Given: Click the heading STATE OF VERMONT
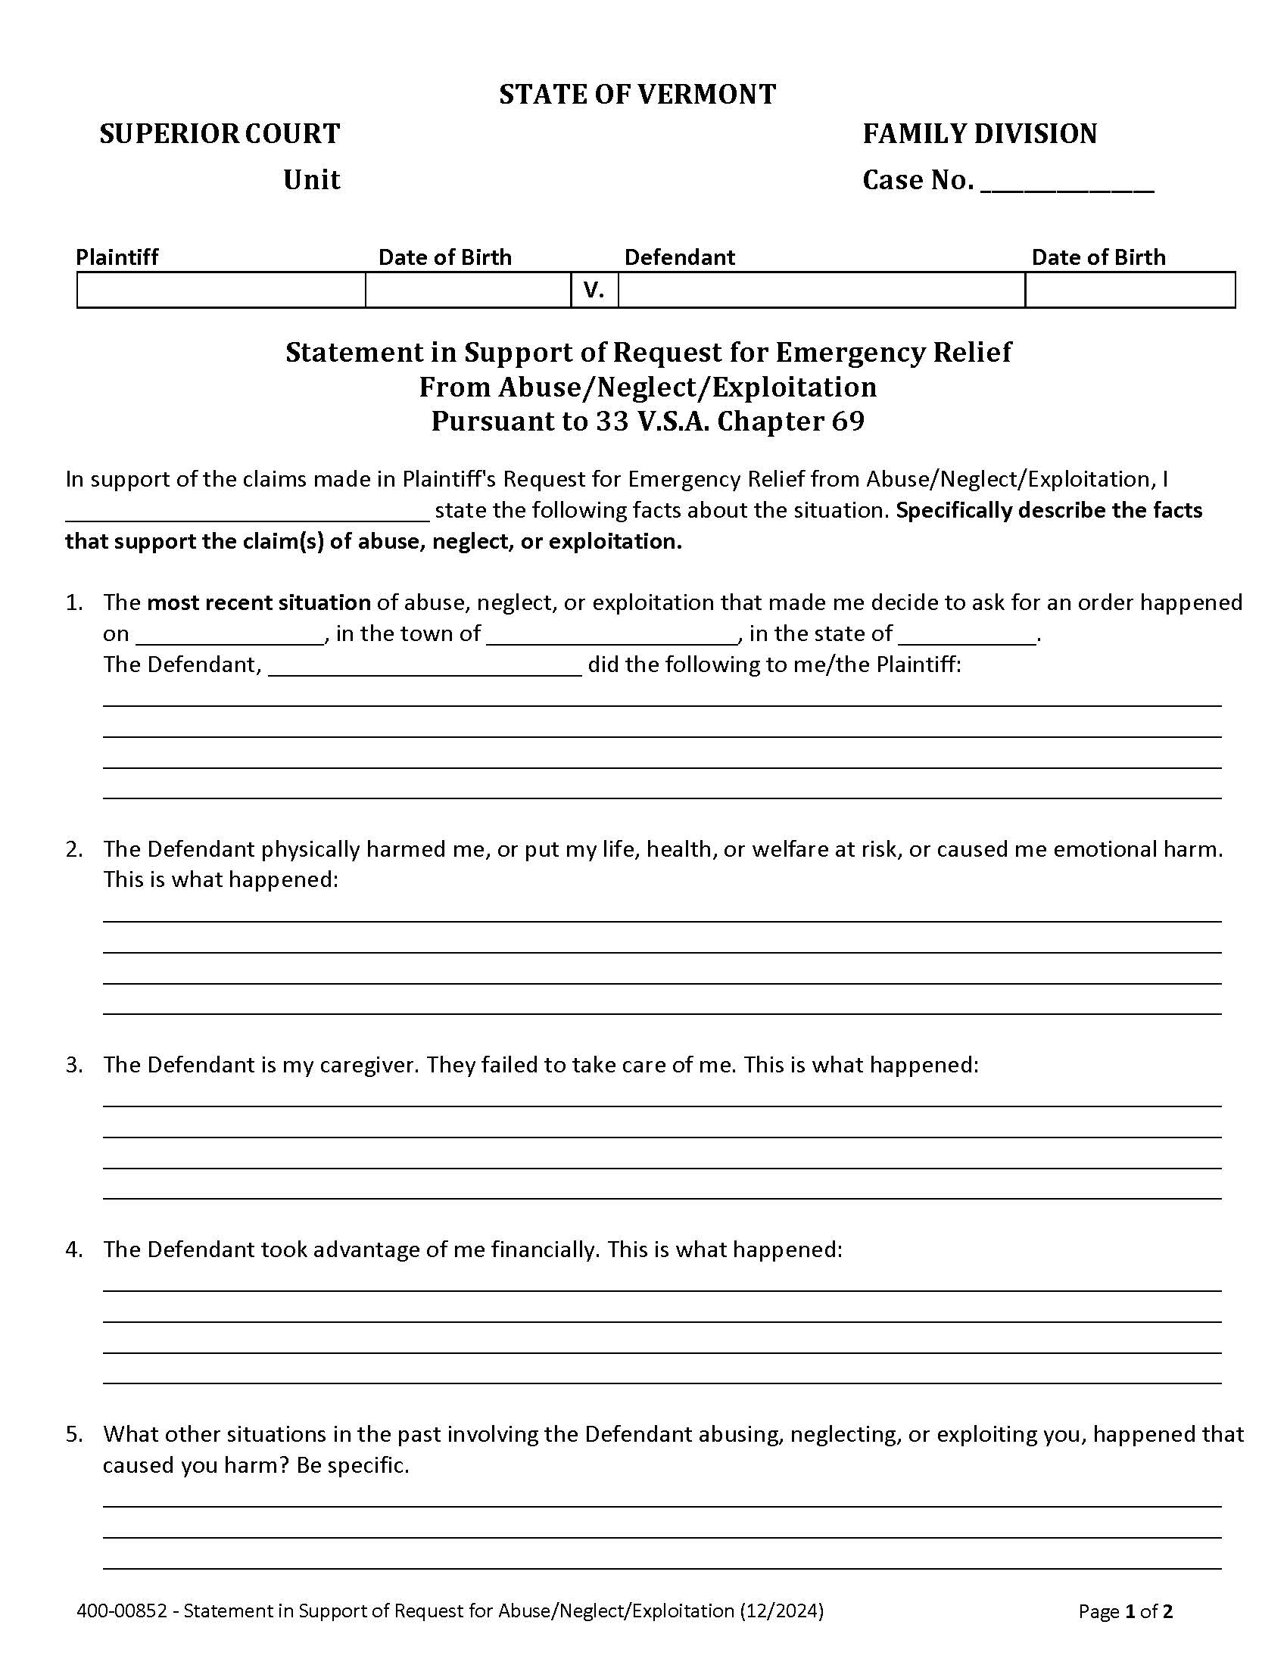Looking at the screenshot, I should pos(637,95).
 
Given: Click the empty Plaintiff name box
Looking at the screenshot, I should pos(221,291).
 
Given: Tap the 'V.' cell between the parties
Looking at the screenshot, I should pos(594,291).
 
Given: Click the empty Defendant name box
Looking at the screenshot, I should pos(821,291).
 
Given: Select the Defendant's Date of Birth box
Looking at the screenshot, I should pos(1130,291).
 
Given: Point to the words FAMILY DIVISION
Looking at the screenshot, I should pos(979,134).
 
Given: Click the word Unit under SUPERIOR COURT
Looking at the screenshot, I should pos(311,180).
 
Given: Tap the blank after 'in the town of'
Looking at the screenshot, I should pos(612,635).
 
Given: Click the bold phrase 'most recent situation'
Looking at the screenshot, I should pos(258,603).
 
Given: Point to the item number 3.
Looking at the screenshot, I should pos(73,1065).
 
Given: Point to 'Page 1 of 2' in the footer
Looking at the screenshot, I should pos(1125,1611).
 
